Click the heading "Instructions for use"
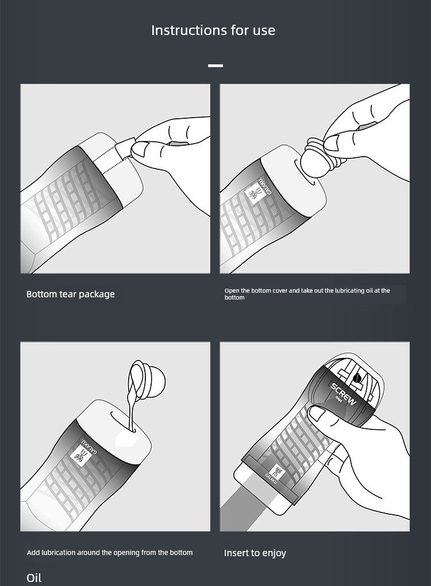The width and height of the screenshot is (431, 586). coord(213,30)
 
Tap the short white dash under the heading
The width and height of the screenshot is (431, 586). coord(215,65)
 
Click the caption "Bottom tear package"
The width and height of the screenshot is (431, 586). coord(70,294)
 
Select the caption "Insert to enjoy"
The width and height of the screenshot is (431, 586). coord(255,553)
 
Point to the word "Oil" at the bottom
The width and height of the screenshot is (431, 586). coord(34,578)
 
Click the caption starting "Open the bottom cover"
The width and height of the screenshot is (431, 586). coord(307,294)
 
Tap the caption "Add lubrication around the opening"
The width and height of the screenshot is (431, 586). coord(110,552)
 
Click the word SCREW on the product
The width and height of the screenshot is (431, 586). coord(343,394)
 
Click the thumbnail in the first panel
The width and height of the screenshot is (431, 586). coord(140,150)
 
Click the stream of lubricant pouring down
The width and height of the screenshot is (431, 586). coord(130,410)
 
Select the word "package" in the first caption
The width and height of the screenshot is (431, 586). coord(97,294)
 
